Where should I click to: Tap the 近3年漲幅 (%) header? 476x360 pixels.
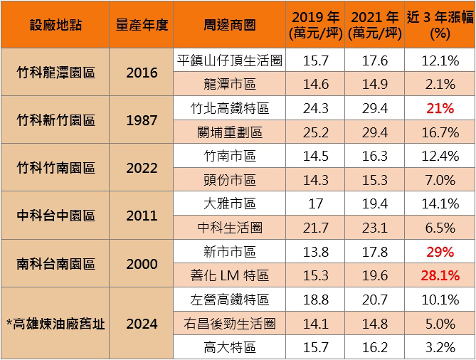(x=439, y=24)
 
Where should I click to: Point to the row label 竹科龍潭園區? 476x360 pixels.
(x=55, y=73)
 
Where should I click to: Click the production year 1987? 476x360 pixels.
(x=142, y=120)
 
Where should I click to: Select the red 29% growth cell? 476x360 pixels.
(x=439, y=252)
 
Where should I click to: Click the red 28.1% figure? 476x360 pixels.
(x=439, y=276)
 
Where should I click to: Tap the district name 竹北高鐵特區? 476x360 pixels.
(x=229, y=108)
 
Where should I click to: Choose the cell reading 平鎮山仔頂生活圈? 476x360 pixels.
(x=229, y=60)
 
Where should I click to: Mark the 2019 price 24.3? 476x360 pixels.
(x=316, y=108)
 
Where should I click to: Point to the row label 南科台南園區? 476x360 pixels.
(x=55, y=264)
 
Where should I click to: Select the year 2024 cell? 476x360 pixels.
(x=142, y=324)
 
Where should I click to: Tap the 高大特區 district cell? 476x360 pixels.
(x=229, y=348)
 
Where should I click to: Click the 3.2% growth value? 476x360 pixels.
(x=439, y=348)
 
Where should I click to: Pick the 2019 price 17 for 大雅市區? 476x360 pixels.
(x=316, y=204)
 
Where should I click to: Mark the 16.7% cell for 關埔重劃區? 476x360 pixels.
(x=439, y=132)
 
